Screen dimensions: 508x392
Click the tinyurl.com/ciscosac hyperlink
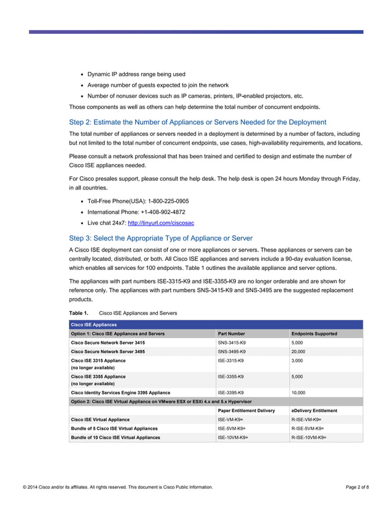pyautogui.click(x=164, y=223)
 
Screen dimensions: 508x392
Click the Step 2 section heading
pyautogui.click(x=198, y=122)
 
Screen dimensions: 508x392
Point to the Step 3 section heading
pyautogui.click(x=161, y=238)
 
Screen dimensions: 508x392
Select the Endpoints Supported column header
pyautogui.click(x=314, y=334)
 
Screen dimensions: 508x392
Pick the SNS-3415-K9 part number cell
pyautogui.click(x=232, y=343)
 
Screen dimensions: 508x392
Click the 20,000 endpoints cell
pyautogui.click(x=298, y=352)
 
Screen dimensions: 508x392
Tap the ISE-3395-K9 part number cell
pyautogui.click(x=231, y=392)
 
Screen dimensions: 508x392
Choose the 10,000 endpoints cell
pyautogui.click(x=298, y=392)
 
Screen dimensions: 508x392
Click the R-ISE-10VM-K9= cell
pyautogui.click(x=308, y=437)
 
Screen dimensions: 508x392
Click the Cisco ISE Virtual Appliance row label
pyautogui.click(x=100, y=419)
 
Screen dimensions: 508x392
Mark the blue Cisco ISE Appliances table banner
pyautogui.click(x=216, y=325)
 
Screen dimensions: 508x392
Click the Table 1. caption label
pyautogui.click(x=79, y=313)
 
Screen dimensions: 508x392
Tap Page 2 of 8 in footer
pyautogui.click(x=358, y=488)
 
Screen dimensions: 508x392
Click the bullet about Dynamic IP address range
pyautogui.click(x=136, y=74)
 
